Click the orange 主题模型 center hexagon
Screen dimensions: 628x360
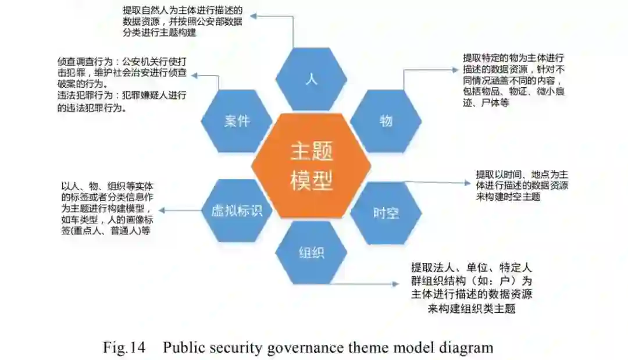(312, 166)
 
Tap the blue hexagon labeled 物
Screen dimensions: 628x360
(386, 121)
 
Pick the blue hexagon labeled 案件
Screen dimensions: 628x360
(237, 121)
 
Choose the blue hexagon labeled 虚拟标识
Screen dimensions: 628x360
(237, 210)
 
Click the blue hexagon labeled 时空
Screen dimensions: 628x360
(386, 212)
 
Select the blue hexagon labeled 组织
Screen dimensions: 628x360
(311, 252)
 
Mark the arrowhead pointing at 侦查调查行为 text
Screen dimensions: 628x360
(194, 75)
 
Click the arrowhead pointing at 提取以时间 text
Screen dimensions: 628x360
(468, 183)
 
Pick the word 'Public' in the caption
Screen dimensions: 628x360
(185, 348)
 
